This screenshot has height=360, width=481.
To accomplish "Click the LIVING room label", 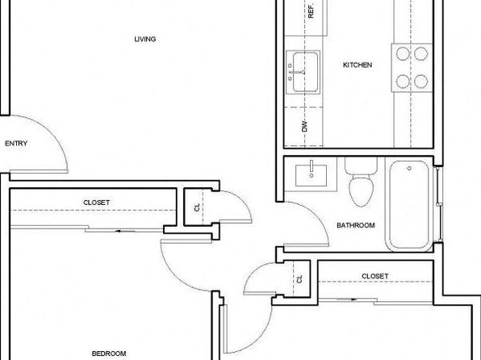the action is (145, 39).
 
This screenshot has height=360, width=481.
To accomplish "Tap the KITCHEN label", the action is (358, 65).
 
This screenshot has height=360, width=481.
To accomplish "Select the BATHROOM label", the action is (356, 225).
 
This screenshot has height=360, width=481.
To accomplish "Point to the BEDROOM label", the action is (109, 354).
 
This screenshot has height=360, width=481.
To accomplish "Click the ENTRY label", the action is (16, 144).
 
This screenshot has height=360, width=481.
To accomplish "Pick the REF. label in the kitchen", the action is (311, 11).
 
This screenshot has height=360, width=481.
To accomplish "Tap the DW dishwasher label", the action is (304, 126).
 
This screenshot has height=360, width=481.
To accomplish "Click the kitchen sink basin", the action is (305, 72).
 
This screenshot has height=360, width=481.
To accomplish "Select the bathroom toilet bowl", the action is (362, 190).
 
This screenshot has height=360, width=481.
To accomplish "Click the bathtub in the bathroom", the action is (409, 205).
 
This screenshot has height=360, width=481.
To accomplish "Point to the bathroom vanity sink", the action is (311, 175).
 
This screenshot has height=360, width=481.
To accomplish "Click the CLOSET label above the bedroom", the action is (96, 203).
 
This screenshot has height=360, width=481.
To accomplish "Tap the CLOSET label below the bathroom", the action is (374, 276).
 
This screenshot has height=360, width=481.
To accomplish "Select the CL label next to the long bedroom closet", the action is (197, 207).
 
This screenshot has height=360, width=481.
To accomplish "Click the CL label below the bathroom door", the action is (299, 279).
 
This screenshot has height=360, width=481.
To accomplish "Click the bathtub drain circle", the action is (409, 168).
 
